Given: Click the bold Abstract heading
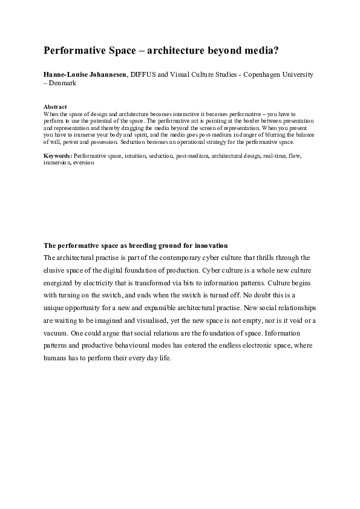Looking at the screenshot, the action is click(55, 107).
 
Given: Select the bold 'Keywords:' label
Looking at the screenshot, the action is click(57, 156).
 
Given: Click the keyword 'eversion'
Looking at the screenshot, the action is click(83, 163).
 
